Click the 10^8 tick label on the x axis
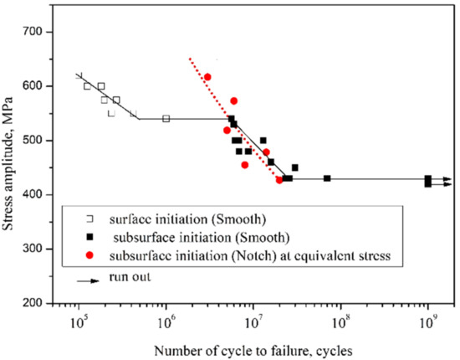(341, 321)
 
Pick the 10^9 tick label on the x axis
(428, 321)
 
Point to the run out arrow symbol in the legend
(82, 278)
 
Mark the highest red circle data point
(207, 77)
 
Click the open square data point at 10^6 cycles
(166, 119)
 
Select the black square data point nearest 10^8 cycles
(327, 178)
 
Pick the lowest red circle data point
(279, 180)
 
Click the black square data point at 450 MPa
(294, 167)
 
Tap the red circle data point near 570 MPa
(233, 100)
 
